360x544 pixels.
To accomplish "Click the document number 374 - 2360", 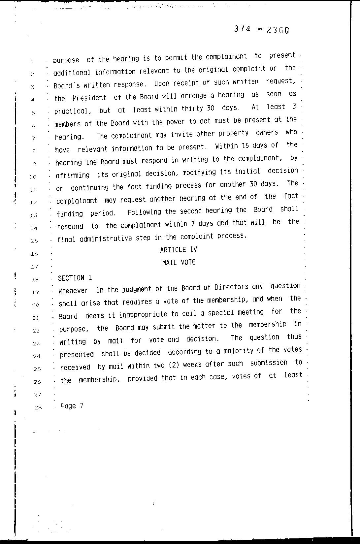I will [x=262, y=30].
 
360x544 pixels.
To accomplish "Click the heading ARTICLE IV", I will [x=179, y=250].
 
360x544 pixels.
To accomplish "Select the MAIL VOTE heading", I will [x=179, y=263].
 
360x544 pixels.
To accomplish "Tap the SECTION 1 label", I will [x=75, y=278].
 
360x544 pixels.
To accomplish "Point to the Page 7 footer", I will [x=72, y=406].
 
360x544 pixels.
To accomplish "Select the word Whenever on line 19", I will [x=73, y=291].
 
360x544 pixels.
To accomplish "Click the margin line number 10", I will [x=33, y=177].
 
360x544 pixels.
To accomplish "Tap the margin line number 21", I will [x=36, y=318].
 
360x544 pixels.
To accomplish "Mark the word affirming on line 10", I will [x=73, y=175].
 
